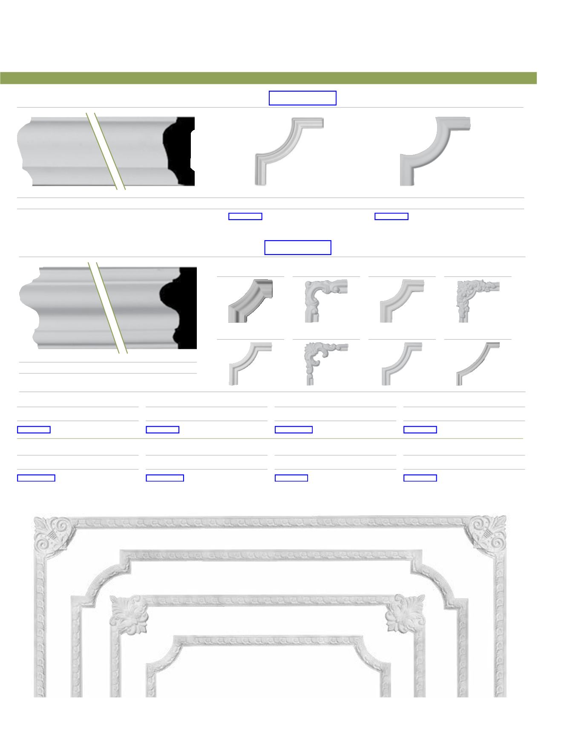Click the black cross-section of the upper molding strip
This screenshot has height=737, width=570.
coord(181,151)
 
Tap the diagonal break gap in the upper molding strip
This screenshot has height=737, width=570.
coord(106,151)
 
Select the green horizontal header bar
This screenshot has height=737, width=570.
coord(268,78)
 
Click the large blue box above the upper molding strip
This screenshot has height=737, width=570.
coord(302,98)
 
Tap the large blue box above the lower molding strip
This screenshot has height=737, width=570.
coord(298,247)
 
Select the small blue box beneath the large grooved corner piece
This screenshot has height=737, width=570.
coord(245,216)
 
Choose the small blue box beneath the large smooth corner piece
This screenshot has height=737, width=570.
coord(392,216)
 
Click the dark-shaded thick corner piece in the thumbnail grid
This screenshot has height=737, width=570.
coord(250,301)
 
